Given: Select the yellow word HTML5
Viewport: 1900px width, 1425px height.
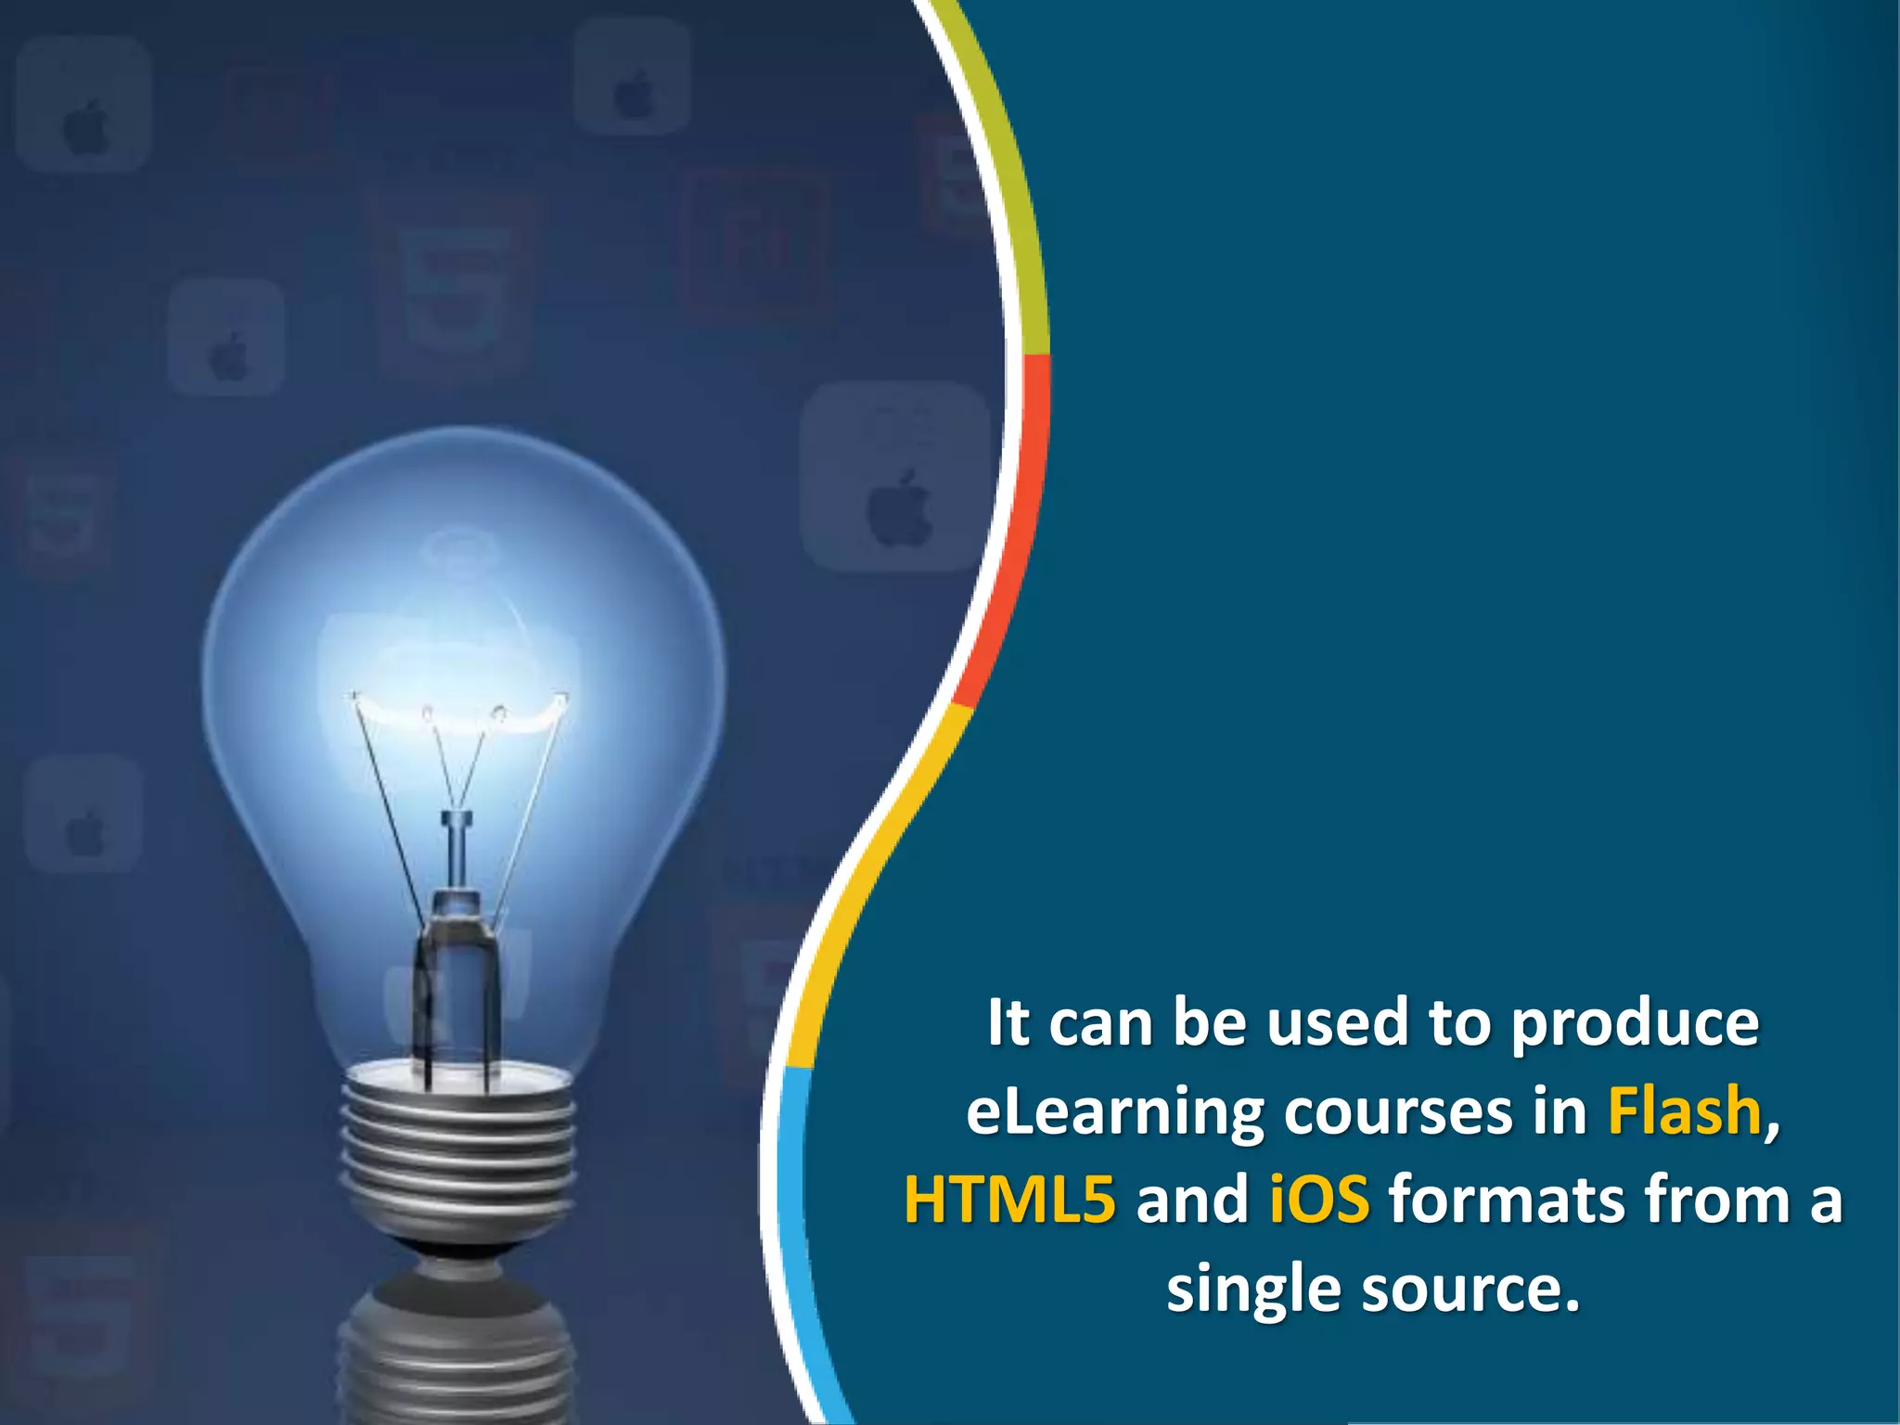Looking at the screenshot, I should tap(1009, 1200).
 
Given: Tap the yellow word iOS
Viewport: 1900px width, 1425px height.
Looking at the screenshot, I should tap(1318, 1200).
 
